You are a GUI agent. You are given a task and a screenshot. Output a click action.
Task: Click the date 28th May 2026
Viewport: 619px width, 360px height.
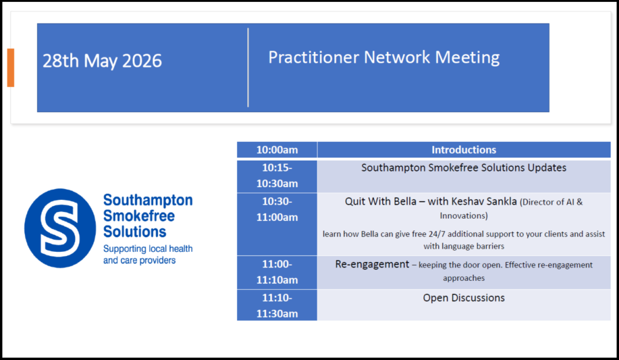pos(102,61)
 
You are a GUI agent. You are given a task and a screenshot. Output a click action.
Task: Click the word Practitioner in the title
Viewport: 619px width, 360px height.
pos(314,57)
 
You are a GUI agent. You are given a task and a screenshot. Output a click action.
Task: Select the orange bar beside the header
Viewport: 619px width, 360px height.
pos(11,68)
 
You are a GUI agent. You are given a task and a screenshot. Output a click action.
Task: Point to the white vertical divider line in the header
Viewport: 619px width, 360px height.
pos(248,68)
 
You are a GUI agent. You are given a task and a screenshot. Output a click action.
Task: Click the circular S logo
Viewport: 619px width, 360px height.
pos(60,228)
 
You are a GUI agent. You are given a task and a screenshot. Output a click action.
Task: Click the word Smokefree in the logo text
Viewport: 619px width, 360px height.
pos(139,216)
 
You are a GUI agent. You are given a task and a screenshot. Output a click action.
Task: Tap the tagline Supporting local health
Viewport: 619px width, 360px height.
pos(148,249)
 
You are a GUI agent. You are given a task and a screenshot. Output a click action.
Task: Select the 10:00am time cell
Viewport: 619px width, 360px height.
pos(277,150)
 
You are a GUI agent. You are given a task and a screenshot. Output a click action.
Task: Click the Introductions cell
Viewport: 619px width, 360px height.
pos(464,150)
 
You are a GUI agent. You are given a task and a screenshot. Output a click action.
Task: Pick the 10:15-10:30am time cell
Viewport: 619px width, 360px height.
pos(277,176)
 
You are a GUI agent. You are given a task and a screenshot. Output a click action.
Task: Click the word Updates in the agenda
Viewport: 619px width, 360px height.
pos(546,168)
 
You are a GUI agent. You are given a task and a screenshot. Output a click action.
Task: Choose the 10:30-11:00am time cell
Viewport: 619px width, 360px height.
pos(277,224)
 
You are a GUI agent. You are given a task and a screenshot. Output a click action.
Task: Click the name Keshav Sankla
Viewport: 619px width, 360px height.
pos(484,202)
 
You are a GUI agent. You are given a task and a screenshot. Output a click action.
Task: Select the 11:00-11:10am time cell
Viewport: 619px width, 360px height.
pos(277,272)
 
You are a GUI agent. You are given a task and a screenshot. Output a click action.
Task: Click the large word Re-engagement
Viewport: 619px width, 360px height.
pos(372,265)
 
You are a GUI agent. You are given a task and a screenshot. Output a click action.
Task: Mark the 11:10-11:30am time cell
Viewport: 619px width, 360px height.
pos(277,305)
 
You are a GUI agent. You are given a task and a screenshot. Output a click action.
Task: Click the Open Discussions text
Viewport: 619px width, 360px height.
pos(464,298)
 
